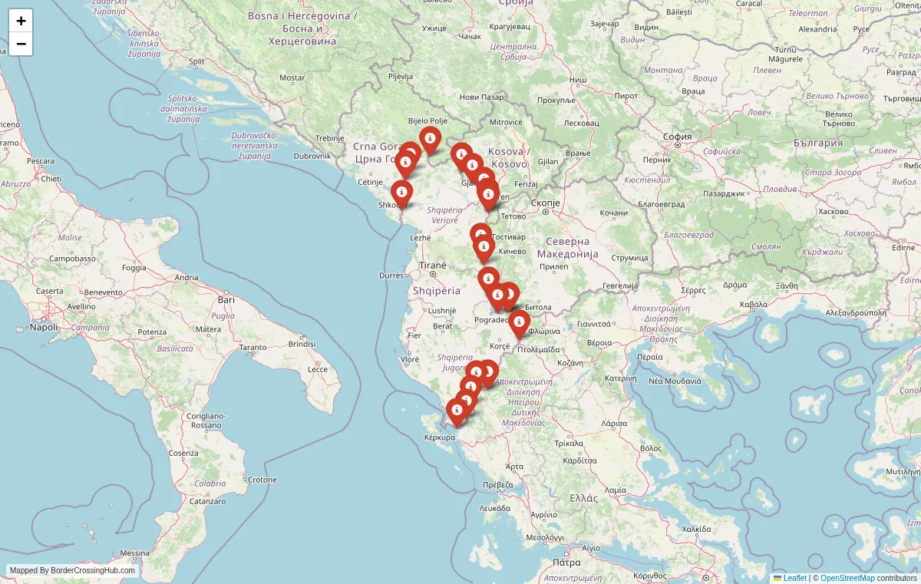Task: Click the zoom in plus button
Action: coord(21,21)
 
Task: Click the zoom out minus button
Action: coord(21,44)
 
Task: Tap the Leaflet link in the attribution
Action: coord(794,578)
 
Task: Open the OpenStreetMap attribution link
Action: coord(847,578)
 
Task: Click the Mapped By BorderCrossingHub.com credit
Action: coord(72,571)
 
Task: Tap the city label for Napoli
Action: coord(44,327)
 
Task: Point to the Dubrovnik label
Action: coord(312,156)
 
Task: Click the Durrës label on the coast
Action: coord(391,275)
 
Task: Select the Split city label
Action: coord(196,61)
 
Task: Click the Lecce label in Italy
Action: coord(318,369)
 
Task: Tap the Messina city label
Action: coord(134,553)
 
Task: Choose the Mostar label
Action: coord(292,78)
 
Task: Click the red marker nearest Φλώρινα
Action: coord(520,322)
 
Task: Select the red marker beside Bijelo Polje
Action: coord(430,140)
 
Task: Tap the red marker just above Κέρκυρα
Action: coord(457,411)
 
